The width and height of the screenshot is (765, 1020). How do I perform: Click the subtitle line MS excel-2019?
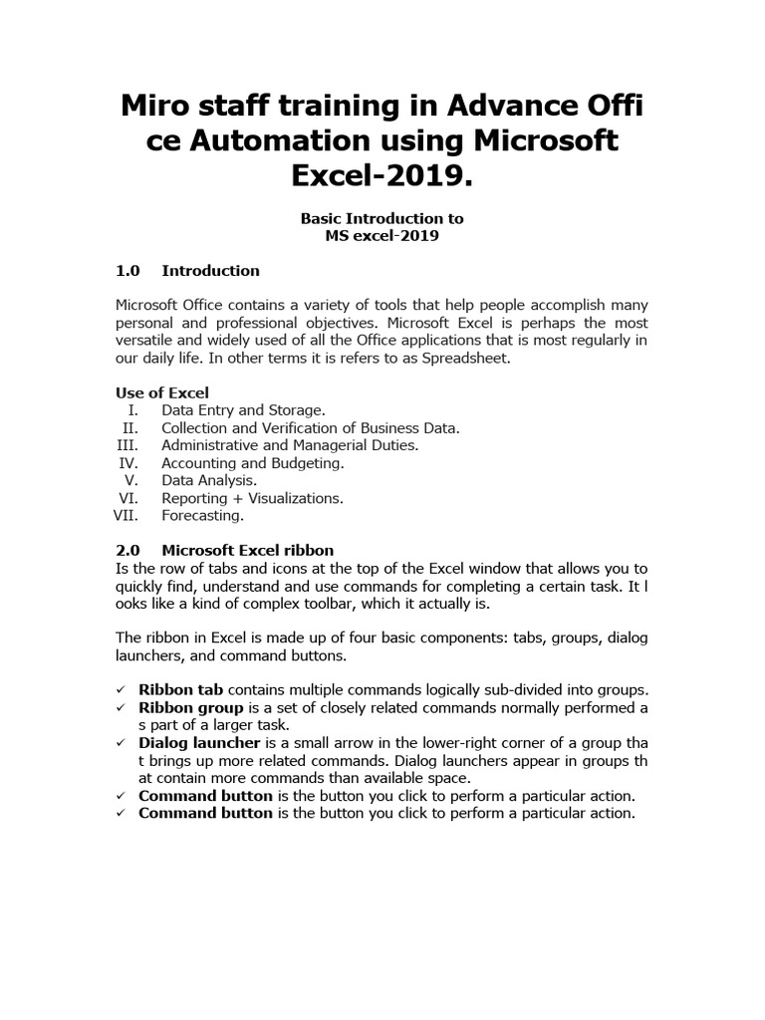pos(382,235)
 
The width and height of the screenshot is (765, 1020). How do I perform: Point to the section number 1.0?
pos(129,270)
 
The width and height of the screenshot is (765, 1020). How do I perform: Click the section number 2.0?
pos(129,550)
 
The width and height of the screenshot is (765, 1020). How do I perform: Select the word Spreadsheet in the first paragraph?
pos(462,358)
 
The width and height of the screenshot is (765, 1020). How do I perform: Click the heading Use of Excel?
pos(162,392)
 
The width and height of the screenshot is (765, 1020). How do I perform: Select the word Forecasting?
pos(202,515)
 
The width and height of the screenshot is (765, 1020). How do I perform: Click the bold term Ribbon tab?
pos(181,689)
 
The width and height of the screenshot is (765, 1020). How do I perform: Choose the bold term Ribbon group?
pos(191,707)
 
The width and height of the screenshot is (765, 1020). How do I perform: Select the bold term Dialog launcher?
pos(199,743)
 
